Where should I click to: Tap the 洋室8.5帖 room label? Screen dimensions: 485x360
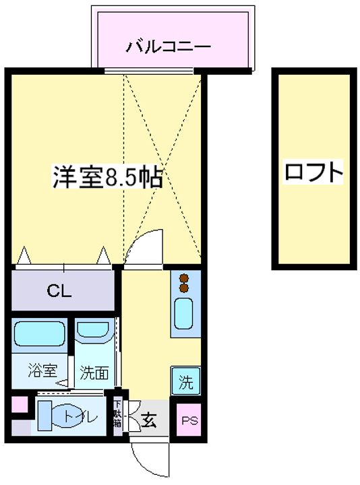coord(107,177)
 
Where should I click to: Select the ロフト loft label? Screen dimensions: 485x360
coord(313,172)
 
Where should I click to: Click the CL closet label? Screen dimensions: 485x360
coord(60,291)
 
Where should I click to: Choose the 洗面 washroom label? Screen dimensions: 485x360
coord(94,372)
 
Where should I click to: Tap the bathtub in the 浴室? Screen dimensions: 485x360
coord(39,333)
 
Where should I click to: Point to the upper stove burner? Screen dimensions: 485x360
coord(183,277)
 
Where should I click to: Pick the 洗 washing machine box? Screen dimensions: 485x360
coord(185,382)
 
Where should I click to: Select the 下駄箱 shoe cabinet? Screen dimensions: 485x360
coord(117,414)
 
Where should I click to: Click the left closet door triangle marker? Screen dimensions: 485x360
coord(25,256)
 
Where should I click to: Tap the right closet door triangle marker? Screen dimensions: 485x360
coord(104,256)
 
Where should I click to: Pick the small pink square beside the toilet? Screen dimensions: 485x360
coord(19,406)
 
